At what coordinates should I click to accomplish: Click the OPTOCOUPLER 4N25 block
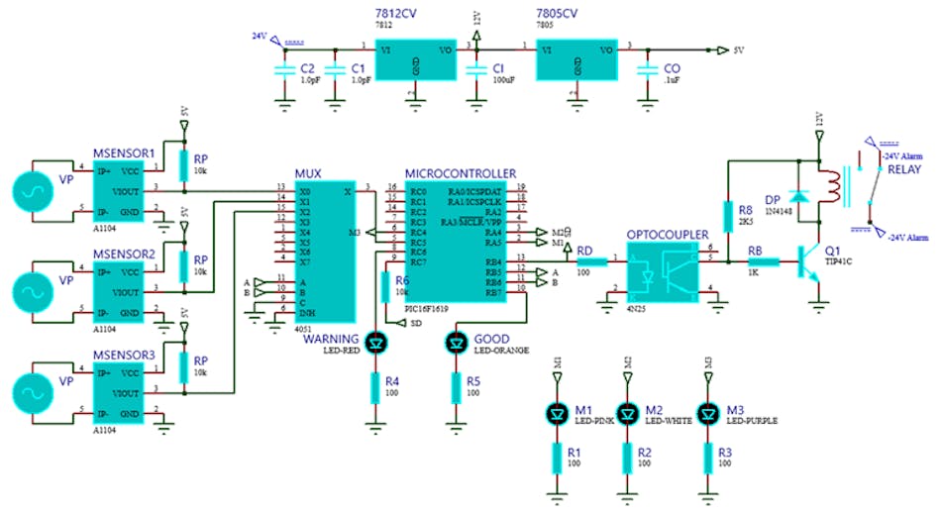pyautogui.click(x=664, y=274)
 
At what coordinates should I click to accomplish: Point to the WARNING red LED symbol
pyautogui.click(x=374, y=344)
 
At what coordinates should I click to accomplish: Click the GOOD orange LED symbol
pyautogui.click(x=456, y=344)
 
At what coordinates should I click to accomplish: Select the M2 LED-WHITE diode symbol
pyautogui.click(x=626, y=412)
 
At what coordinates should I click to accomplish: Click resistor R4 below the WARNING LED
pyautogui.click(x=374, y=387)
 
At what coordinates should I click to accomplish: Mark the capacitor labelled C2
pyautogui.click(x=281, y=69)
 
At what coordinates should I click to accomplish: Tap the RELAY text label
pyautogui.click(x=903, y=169)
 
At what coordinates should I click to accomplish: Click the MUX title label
pyautogui.click(x=308, y=173)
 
